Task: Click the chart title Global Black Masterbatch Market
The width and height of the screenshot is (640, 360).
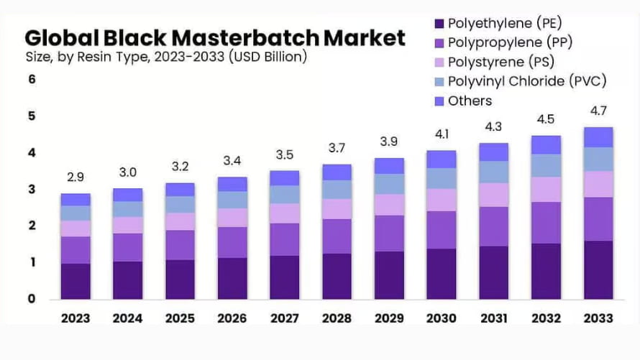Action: (x=214, y=37)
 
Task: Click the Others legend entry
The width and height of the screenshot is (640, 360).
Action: (x=470, y=101)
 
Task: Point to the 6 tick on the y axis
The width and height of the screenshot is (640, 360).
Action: (x=32, y=80)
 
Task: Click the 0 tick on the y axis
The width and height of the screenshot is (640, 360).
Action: (x=32, y=299)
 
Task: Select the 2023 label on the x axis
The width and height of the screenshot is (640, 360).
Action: (x=76, y=318)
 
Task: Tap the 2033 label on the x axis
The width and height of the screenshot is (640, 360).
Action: (x=598, y=318)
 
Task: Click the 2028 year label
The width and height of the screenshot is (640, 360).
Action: (x=337, y=318)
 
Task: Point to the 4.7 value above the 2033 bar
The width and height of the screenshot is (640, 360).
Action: (x=598, y=111)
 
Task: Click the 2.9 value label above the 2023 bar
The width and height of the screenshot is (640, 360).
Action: (x=76, y=177)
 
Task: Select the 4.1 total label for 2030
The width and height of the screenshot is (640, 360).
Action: (x=441, y=134)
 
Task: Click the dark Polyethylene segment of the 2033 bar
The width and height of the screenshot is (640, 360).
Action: (x=598, y=270)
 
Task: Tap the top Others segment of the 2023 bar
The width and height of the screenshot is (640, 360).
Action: (x=76, y=200)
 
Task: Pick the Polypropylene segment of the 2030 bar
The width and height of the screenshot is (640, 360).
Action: (x=441, y=230)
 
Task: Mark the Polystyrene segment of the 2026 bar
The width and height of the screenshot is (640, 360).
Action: (x=232, y=218)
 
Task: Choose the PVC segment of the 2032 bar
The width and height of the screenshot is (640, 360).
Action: (x=546, y=165)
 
